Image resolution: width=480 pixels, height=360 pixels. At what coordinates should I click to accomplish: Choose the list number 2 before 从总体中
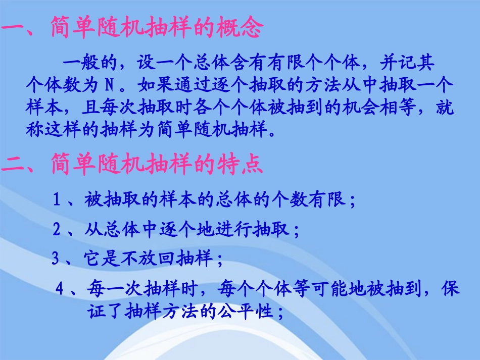(x=58, y=230)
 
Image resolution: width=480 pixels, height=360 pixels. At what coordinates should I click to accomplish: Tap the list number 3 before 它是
(x=56, y=260)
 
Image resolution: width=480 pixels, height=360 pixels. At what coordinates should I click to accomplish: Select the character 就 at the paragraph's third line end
(x=445, y=108)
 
